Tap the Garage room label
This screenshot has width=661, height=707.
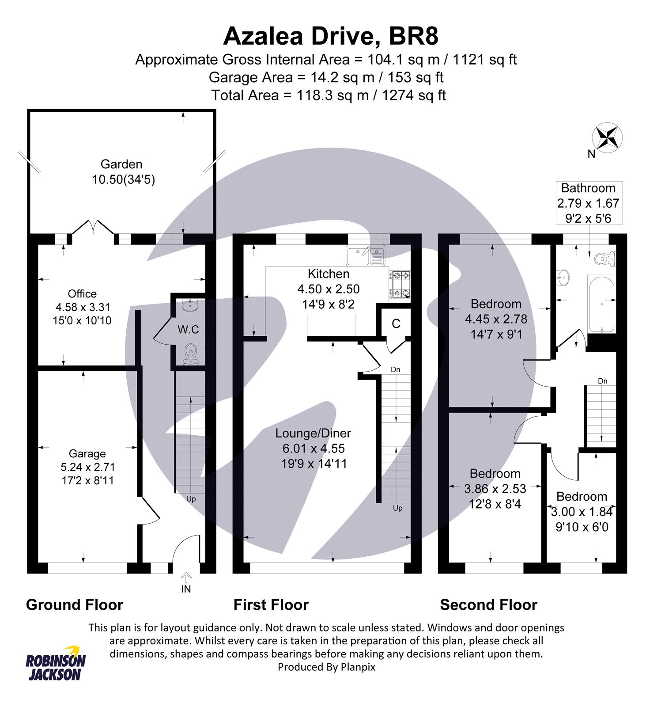[x=87, y=453]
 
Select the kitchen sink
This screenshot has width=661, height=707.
[x=365, y=256]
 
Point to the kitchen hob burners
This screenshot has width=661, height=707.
[x=400, y=284]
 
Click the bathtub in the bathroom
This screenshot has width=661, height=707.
[x=601, y=303]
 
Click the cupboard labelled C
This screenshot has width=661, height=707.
[x=396, y=324]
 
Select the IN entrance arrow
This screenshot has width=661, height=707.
[x=186, y=577]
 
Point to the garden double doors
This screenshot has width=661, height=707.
[x=93, y=228]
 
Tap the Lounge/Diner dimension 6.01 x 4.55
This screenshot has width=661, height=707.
[x=314, y=449]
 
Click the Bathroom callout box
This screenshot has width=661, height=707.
[x=588, y=203]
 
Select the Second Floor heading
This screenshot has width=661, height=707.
[x=488, y=604]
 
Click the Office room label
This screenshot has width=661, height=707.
[x=82, y=294]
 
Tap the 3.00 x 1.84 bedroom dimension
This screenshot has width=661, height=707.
[x=582, y=512]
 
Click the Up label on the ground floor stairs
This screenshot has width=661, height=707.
[x=191, y=499]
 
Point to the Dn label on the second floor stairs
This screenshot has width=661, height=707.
[x=602, y=381]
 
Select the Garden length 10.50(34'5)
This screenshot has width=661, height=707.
[x=123, y=180]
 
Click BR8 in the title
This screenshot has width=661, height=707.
[x=413, y=36]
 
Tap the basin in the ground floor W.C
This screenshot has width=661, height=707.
[x=191, y=305]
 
